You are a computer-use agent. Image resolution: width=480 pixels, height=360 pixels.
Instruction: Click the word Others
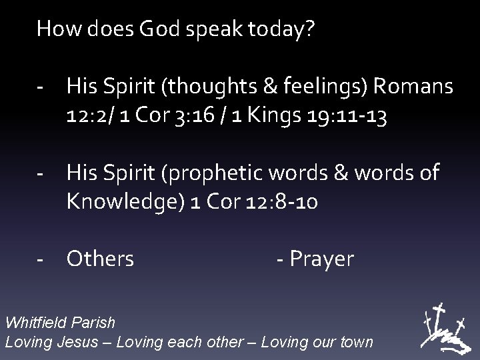tap(100, 259)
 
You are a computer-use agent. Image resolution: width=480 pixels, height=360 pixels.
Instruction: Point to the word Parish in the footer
tap(92, 323)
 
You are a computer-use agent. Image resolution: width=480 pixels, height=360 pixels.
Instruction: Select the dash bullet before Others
tap(41, 259)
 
